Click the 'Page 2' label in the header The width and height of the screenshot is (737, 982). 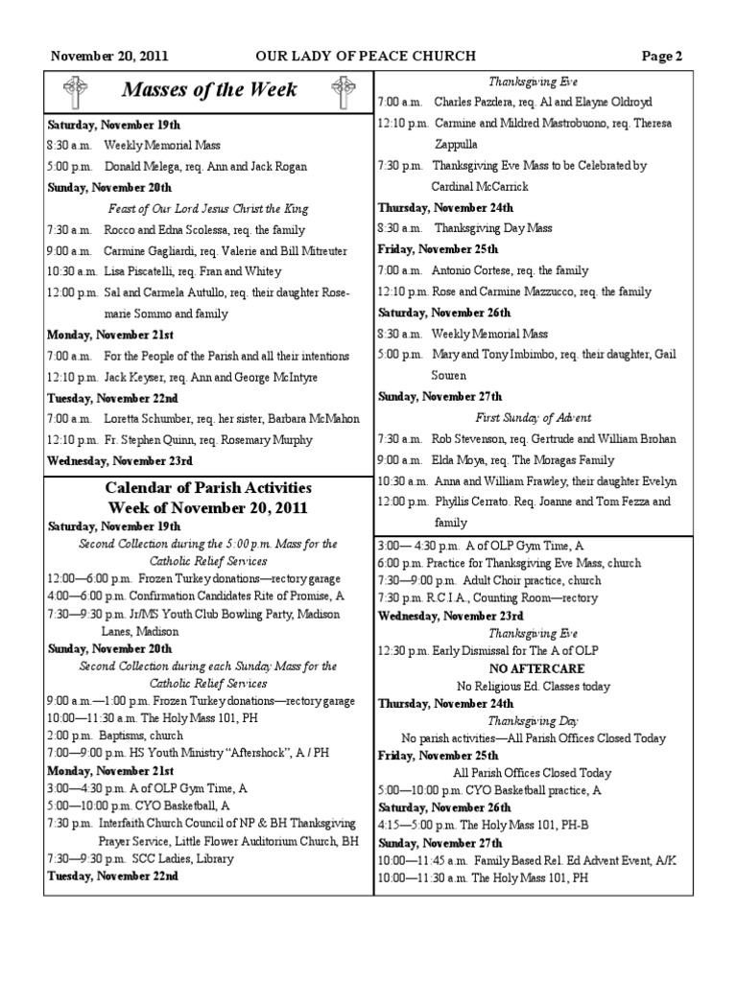tap(662, 56)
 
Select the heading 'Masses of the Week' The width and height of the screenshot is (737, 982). tap(209, 91)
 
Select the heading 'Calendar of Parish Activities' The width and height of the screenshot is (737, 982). tap(208, 488)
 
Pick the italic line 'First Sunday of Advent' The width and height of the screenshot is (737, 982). tap(534, 418)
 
